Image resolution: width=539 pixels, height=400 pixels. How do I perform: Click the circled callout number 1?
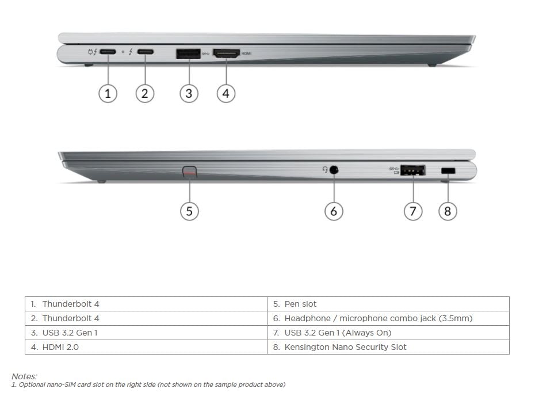point(108,94)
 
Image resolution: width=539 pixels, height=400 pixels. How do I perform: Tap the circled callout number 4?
point(226,94)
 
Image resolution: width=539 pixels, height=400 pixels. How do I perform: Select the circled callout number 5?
point(189,211)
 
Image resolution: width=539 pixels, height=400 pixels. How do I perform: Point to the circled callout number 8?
point(448,211)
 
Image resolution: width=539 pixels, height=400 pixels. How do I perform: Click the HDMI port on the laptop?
point(226,54)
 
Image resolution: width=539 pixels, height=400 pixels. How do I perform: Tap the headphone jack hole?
point(334,170)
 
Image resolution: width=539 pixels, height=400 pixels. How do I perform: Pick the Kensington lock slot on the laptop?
point(448,170)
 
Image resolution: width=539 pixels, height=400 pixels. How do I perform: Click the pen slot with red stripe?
point(190,172)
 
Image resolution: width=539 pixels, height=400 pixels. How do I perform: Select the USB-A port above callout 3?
point(188,54)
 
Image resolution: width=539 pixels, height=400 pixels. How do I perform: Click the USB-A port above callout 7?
point(413,170)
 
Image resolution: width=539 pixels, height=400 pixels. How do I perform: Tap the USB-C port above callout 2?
point(146,52)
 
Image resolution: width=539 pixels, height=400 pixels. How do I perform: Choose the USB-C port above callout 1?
point(108,52)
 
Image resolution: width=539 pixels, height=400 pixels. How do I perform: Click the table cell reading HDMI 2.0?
point(146,347)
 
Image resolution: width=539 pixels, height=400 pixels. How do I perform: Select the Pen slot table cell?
point(388,304)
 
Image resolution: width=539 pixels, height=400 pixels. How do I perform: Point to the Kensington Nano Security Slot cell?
point(388,347)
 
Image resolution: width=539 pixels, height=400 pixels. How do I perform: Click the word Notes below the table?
point(24,376)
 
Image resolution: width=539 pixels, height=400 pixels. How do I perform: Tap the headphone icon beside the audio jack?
point(325,169)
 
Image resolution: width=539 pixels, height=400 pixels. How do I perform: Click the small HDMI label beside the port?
point(246,54)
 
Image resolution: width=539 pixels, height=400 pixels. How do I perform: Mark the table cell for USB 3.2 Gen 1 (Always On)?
point(388,333)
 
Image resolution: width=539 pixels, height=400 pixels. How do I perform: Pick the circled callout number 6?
point(334,211)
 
